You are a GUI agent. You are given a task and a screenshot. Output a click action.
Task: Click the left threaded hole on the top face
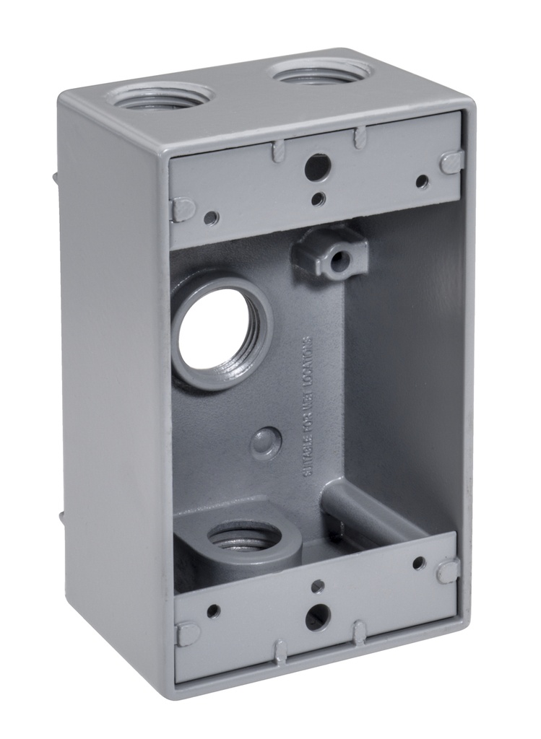[160, 97]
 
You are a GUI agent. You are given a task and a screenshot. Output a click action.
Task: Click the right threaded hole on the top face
[321, 72]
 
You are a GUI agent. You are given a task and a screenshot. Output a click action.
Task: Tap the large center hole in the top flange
[317, 168]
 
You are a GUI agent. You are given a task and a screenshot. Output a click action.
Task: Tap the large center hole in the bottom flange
[317, 617]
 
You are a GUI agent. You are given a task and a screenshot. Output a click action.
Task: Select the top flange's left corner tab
[183, 209]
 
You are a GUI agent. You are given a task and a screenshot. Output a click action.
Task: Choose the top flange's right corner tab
[451, 162]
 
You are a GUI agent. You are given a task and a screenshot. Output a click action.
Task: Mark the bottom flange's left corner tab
[187, 634]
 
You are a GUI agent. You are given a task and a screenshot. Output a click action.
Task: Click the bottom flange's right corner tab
[447, 572]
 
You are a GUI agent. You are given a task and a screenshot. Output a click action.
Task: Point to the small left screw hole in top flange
[210, 217]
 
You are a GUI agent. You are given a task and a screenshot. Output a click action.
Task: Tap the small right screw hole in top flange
[422, 182]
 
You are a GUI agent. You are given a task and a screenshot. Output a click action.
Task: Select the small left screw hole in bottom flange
[213, 611]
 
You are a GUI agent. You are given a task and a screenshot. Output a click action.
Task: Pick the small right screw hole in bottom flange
[419, 563]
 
